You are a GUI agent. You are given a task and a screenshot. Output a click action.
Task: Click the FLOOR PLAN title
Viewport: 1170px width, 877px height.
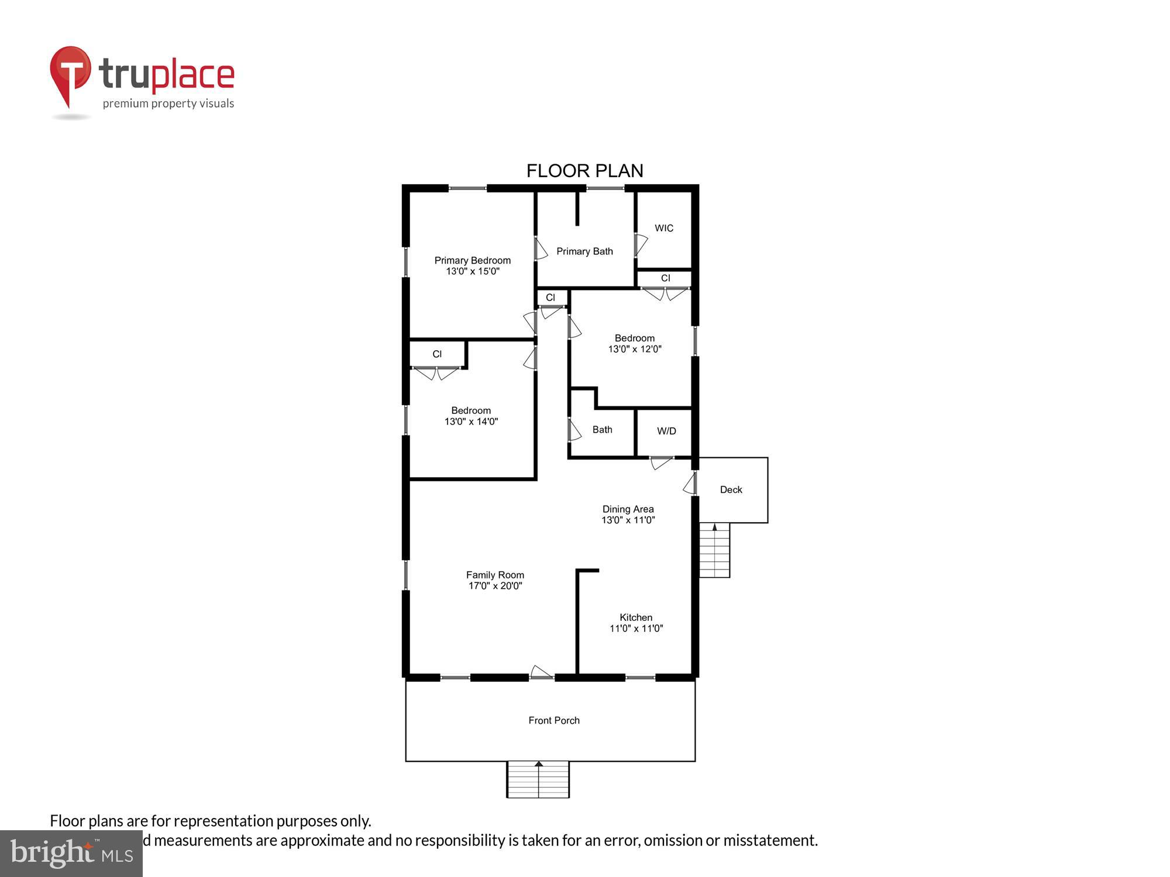584,171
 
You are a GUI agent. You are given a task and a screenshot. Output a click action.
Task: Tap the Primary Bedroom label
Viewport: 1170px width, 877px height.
472,260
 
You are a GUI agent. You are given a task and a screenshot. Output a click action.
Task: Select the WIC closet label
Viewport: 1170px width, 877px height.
663,228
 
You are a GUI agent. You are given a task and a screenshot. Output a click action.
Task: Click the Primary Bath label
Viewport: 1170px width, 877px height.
584,251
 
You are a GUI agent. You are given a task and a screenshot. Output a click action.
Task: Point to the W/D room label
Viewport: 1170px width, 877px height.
666,431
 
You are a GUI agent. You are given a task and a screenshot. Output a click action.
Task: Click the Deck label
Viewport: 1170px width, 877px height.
731,490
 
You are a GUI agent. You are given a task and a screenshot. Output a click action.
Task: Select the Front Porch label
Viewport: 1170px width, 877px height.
553,720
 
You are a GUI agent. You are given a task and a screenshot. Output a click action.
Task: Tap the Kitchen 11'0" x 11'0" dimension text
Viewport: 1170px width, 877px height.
636,629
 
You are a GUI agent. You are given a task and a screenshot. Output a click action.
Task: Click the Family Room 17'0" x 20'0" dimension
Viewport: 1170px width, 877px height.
495,586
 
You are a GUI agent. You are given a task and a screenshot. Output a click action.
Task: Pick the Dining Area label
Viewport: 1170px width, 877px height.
628,509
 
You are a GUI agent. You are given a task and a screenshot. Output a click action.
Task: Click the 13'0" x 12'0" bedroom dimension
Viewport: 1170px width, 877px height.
635,349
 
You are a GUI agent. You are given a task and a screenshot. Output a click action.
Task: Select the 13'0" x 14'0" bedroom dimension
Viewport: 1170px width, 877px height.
471,422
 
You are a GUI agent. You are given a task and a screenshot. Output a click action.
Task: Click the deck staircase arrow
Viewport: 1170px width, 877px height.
714,527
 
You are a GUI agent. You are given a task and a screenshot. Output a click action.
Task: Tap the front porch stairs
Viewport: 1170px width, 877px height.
538,781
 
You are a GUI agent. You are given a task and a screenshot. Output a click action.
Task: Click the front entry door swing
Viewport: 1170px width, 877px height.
541,672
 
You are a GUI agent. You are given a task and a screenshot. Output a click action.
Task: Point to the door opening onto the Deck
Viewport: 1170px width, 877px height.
690,484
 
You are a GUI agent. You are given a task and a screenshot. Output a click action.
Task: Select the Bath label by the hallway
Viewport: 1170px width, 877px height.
602,430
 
